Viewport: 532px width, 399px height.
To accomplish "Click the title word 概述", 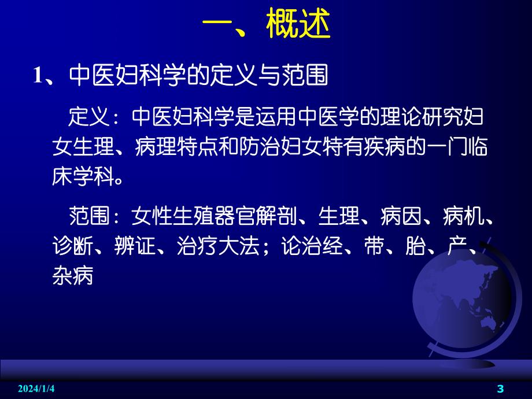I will (298, 26).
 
